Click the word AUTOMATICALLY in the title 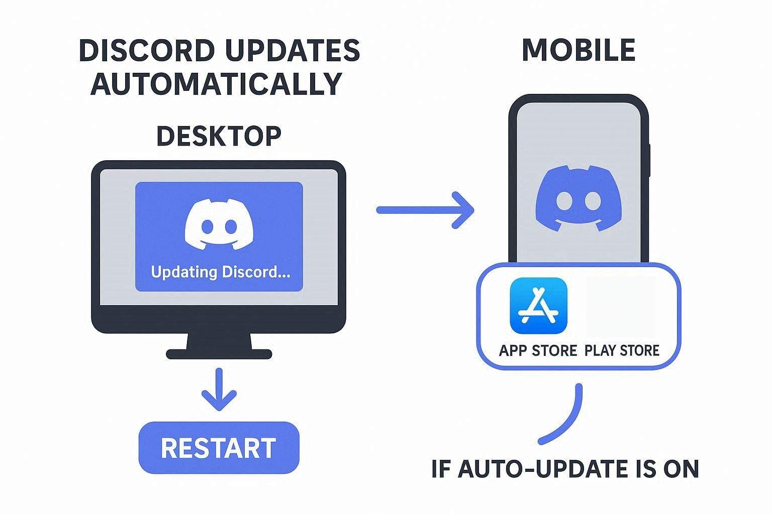click(217, 84)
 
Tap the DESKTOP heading click(219, 136)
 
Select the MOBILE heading click(578, 50)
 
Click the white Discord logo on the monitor click(219, 224)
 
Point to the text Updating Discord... click(220, 272)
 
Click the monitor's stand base click(219, 353)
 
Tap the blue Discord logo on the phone click(578, 199)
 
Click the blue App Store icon click(538, 306)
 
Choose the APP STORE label click(538, 350)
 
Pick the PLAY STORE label click(622, 350)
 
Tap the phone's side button click(649, 160)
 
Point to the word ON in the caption click(681, 469)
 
